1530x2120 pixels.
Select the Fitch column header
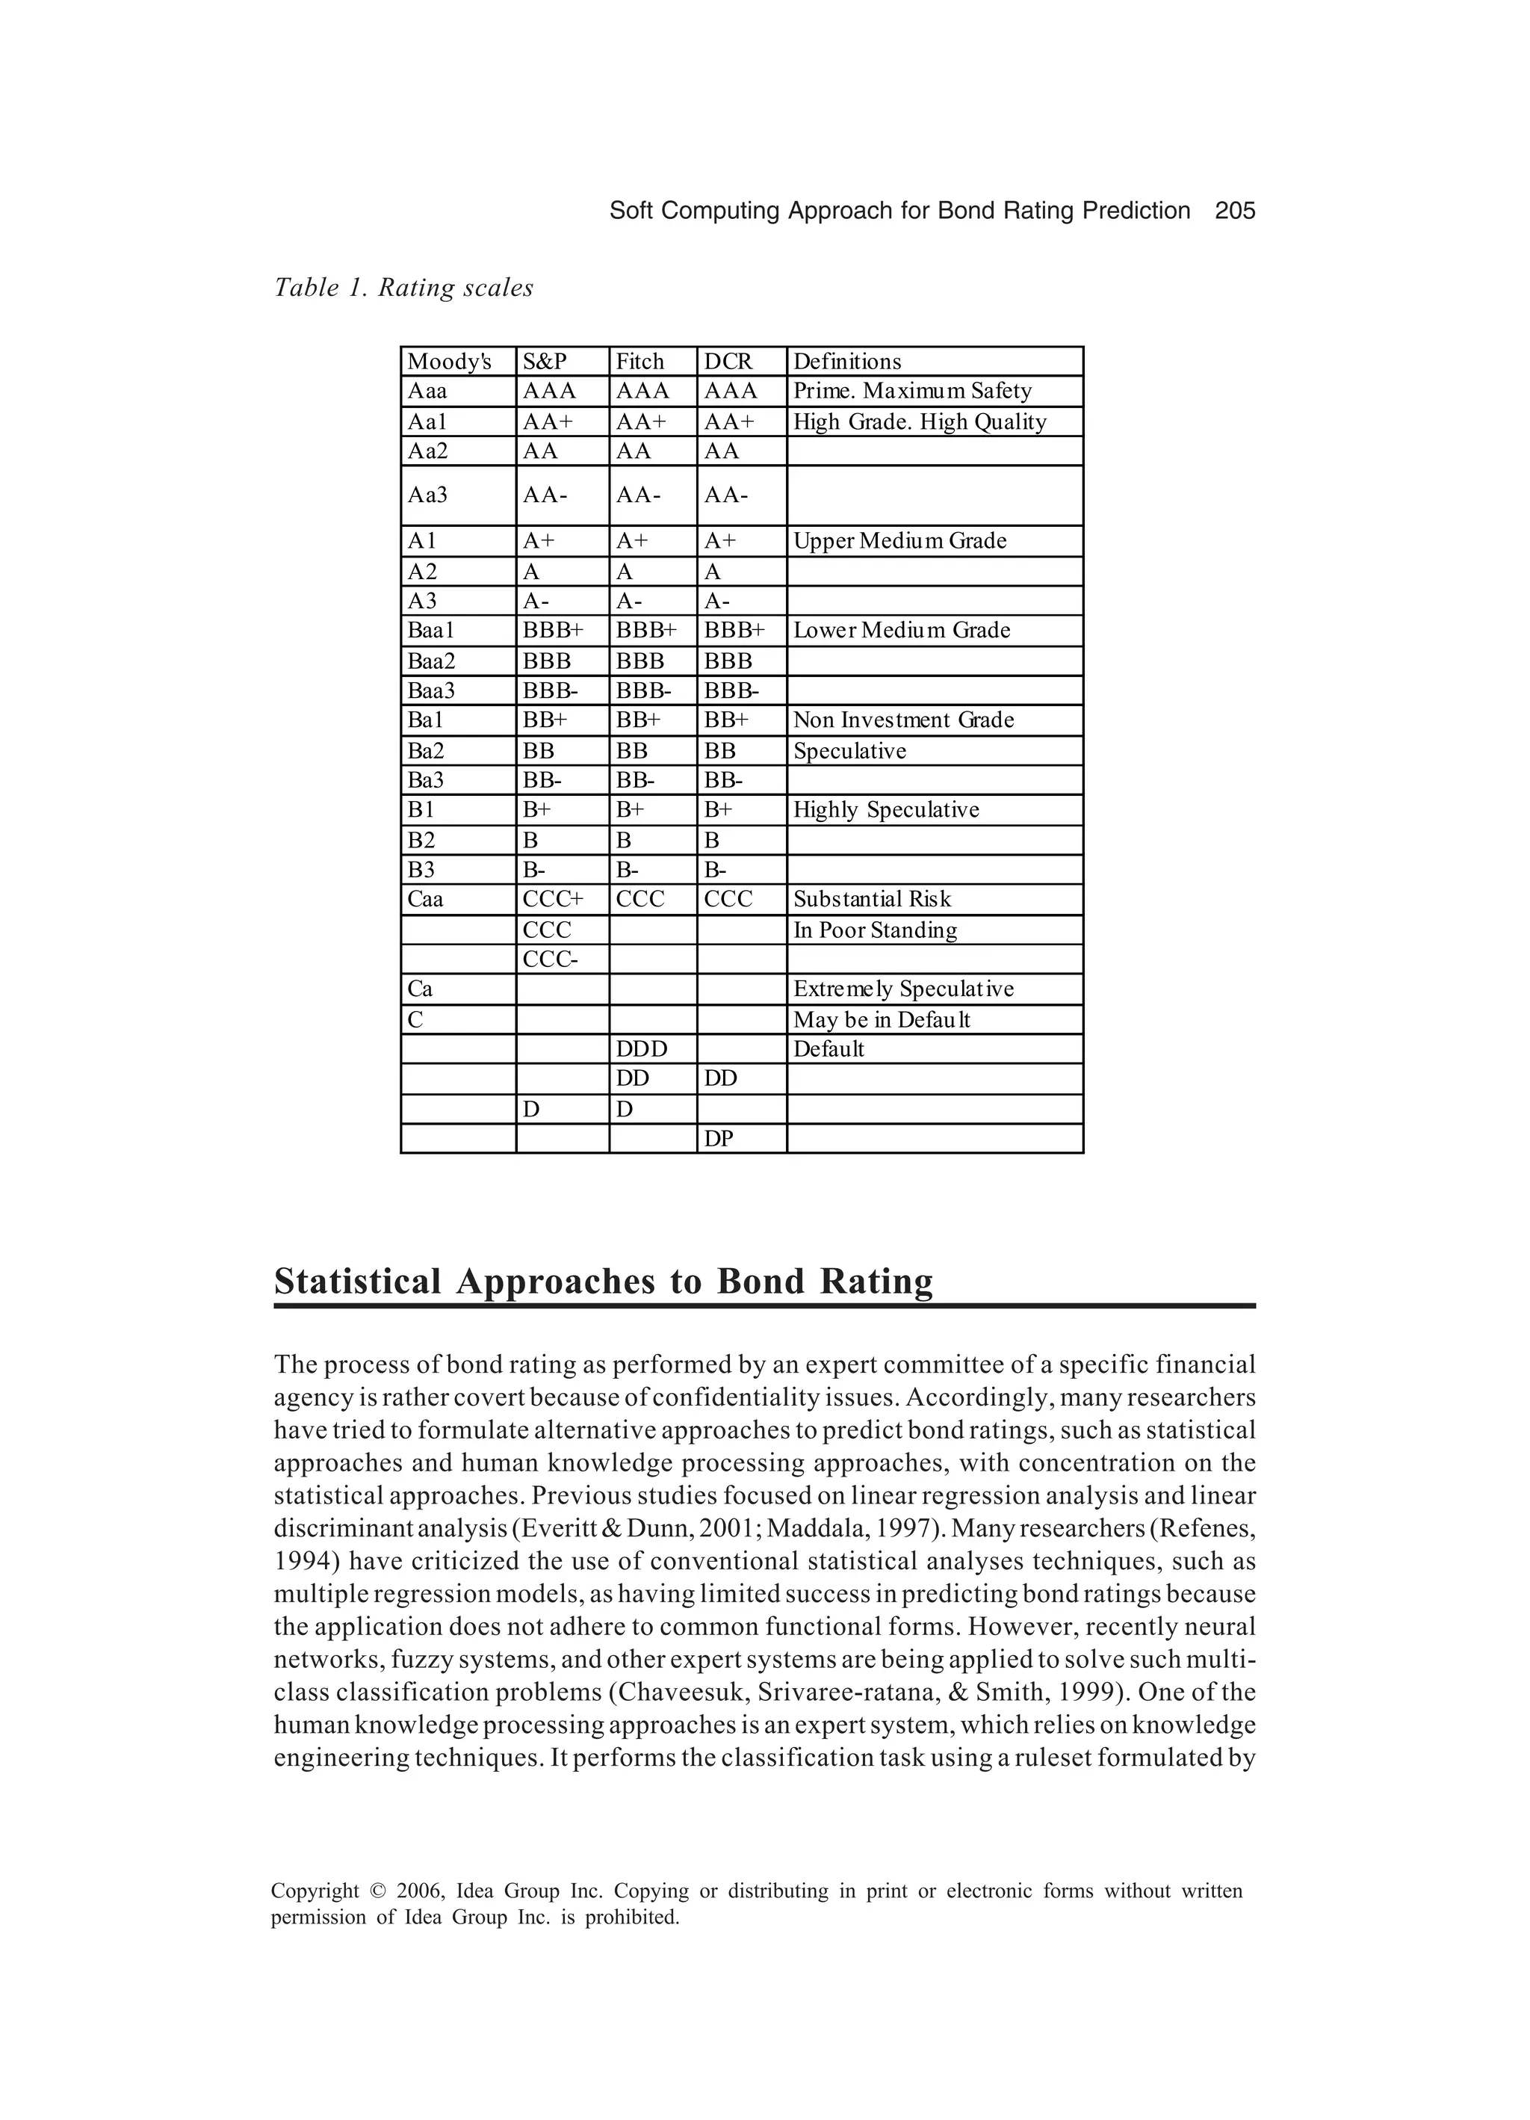(639, 362)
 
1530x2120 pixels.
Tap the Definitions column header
(846, 362)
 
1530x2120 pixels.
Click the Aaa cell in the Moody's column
(427, 391)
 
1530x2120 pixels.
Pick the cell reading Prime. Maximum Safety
(911, 391)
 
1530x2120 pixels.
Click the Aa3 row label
(427, 495)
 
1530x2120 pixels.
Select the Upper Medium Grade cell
(899, 541)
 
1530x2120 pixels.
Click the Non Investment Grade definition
(903, 720)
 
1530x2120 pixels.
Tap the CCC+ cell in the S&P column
(552, 899)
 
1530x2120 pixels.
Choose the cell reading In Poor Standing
(875, 930)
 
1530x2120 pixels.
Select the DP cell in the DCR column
(718, 1139)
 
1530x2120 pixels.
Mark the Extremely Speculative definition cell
(903, 989)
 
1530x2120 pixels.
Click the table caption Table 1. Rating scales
(403, 288)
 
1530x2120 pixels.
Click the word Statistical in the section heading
(357, 1282)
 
